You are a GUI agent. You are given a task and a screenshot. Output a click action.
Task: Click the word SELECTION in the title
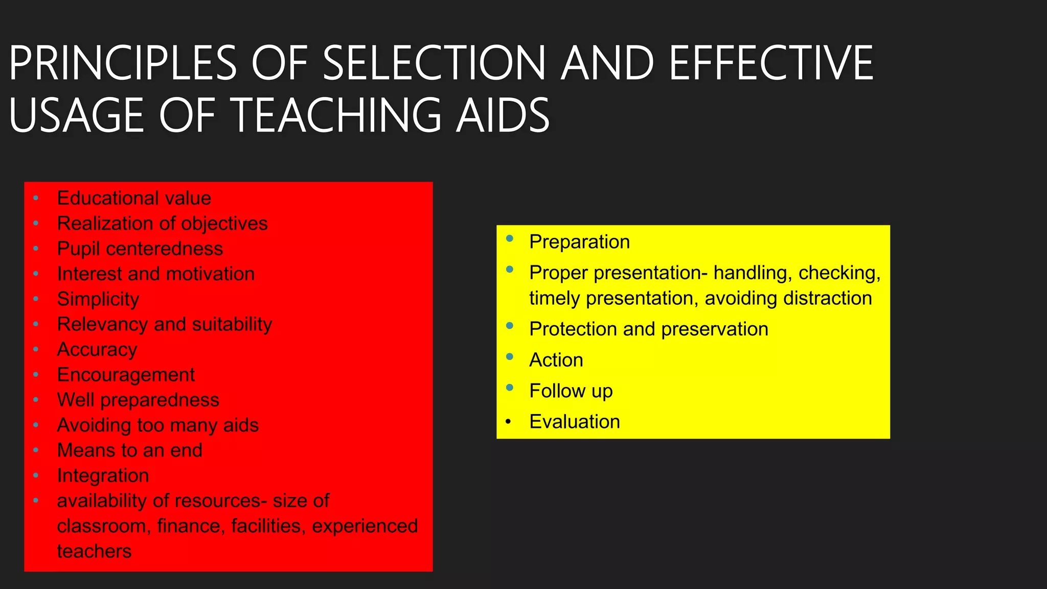[x=435, y=63]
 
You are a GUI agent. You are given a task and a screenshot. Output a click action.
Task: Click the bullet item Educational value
[x=134, y=198]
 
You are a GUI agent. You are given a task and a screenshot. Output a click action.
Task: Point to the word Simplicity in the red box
[x=98, y=299]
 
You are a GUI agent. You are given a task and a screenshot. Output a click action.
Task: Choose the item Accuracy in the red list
[x=97, y=350]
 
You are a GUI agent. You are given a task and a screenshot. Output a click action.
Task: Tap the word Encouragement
[x=126, y=375]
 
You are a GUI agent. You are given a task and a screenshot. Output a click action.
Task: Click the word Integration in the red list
[x=103, y=475]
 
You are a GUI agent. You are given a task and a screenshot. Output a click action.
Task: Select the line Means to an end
[x=130, y=450]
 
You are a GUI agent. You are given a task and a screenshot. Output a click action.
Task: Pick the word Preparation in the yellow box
[x=579, y=242]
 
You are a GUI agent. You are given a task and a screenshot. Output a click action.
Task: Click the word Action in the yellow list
[x=556, y=360]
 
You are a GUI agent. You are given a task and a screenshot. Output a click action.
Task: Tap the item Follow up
[x=571, y=391]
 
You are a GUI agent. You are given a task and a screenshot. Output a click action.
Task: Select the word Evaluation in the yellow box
[x=575, y=422]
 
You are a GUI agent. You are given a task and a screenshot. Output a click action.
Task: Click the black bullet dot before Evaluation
[x=508, y=422]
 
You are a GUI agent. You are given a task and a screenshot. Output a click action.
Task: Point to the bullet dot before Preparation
[x=510, y=238]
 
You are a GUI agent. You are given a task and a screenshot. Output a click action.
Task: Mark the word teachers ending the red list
[x=94, y=551]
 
